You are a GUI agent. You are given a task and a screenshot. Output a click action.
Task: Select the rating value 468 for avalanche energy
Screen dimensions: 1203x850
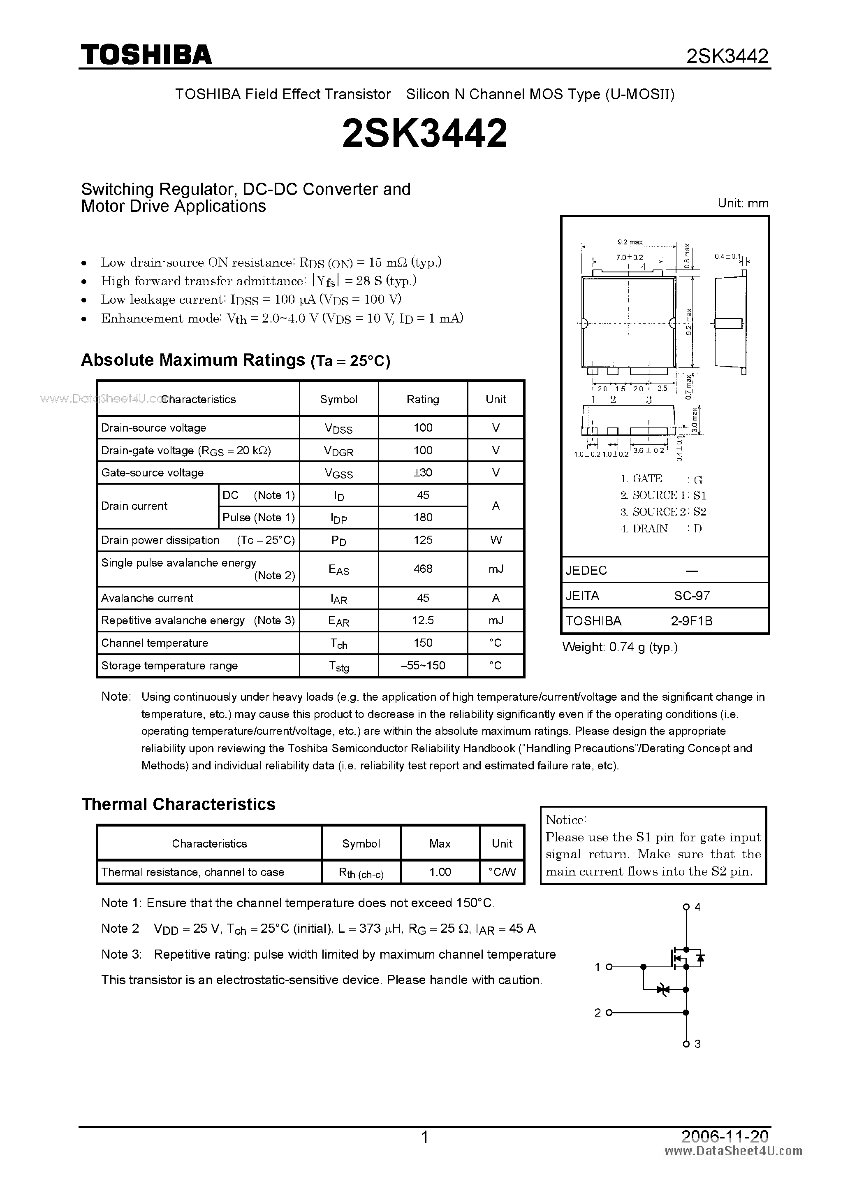(x=423, y=569)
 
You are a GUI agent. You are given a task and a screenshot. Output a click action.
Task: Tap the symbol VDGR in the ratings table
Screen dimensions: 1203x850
(x=338, y=451)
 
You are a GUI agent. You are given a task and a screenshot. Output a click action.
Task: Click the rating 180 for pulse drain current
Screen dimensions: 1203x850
(x=423, y=518)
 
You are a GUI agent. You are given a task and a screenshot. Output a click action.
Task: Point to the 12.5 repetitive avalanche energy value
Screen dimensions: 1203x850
(x=423, y=620)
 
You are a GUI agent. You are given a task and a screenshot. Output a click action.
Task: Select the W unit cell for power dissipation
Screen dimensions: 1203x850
(x=496, y=540)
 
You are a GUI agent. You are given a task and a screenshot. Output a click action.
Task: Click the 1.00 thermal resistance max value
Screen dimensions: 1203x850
(x=440, y=872)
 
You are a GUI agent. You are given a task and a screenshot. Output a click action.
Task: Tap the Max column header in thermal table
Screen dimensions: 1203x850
(x=440, y=843)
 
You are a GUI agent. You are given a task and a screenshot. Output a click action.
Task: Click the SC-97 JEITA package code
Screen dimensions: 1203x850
(x=691, y=596)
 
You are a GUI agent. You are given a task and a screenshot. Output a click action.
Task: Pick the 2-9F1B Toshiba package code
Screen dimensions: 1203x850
(x=691, y=621)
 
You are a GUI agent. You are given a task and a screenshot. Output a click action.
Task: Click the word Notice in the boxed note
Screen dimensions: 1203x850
(x=565, y=820)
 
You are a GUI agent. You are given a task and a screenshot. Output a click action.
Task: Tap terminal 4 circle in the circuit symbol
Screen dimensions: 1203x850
(x=686, y=907)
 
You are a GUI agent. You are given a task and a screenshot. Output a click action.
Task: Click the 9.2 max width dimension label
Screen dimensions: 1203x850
(x=630, y=242)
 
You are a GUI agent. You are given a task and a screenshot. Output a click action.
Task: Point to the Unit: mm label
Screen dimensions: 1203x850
(x=743, y=203)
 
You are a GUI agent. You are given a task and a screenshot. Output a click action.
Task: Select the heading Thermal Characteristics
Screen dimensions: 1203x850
(x=178, y=804)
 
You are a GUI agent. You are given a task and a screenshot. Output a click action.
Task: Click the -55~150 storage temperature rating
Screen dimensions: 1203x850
(x=423, y=665)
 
